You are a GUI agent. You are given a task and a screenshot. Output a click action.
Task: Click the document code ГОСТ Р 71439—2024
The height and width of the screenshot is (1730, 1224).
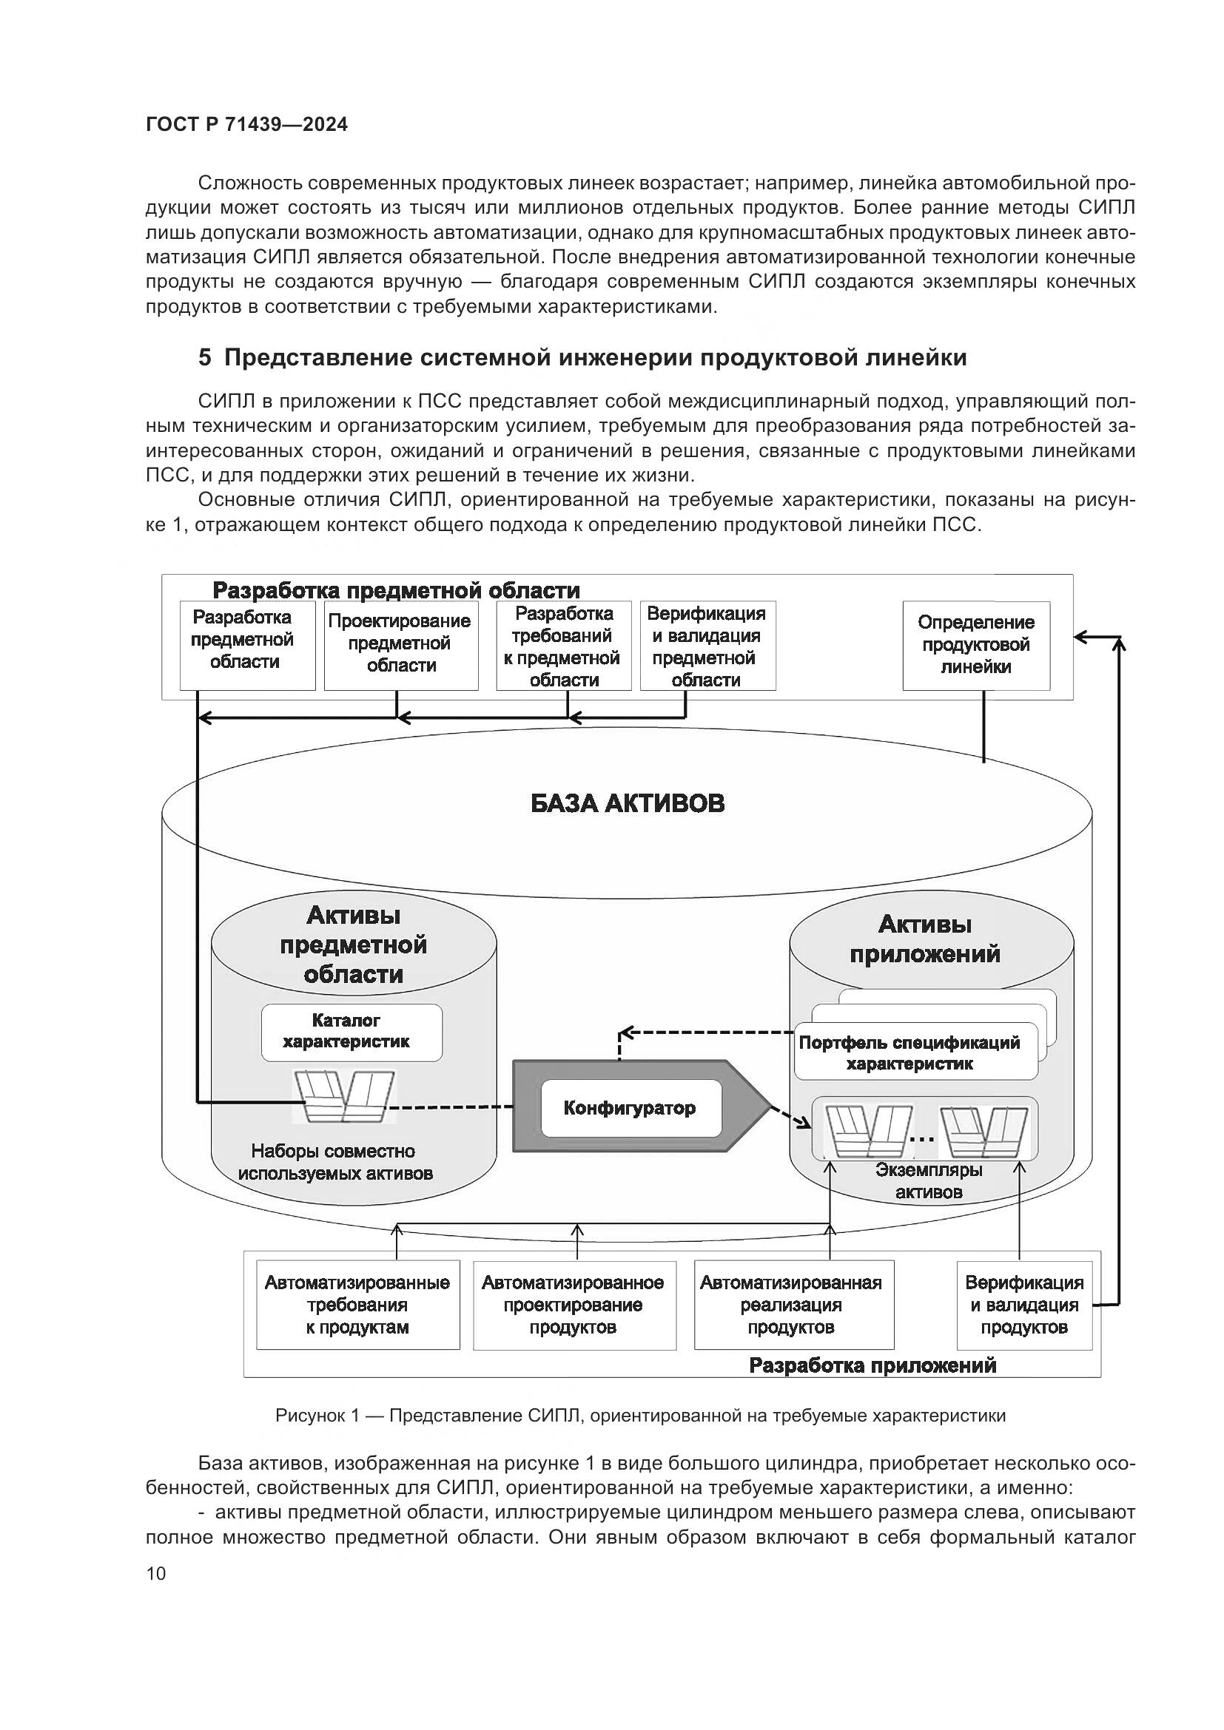(246, 125)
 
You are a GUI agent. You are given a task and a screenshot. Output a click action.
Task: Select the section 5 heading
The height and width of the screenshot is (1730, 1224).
(582, 357)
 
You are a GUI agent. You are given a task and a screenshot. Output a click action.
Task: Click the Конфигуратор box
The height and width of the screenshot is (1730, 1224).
(630, 1108)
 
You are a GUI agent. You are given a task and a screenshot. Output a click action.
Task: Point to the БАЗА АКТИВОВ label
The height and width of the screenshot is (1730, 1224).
(627, 803)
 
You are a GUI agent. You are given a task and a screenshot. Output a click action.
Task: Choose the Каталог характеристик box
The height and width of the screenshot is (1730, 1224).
(352, 1032)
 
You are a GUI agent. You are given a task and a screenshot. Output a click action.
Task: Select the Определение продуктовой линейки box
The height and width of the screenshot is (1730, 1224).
(976, 645)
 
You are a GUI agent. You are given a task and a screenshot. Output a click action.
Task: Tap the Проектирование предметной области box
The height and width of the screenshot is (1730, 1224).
(401, 644)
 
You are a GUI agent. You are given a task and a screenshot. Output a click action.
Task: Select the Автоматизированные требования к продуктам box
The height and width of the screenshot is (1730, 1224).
(358, 1305)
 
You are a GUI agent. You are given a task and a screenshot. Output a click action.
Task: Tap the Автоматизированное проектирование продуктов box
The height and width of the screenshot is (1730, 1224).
(574, 1305)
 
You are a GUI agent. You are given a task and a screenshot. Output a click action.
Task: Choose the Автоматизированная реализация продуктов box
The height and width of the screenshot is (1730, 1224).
(793, 1305)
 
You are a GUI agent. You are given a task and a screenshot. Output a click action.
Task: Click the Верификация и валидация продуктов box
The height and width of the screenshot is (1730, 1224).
(1024, 1305)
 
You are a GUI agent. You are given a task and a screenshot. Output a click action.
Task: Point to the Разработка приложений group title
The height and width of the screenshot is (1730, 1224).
(872, 1365)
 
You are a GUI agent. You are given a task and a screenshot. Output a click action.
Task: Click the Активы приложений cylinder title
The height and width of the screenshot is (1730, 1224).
(926, 939)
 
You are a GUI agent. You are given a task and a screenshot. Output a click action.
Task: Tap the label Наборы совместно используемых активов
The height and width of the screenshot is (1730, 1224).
(334, 1163)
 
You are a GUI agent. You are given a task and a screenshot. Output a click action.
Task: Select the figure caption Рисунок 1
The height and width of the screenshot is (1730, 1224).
(640, 1416)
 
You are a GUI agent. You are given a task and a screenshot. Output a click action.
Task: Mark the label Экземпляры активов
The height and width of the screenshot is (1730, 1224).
(929, 1181)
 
